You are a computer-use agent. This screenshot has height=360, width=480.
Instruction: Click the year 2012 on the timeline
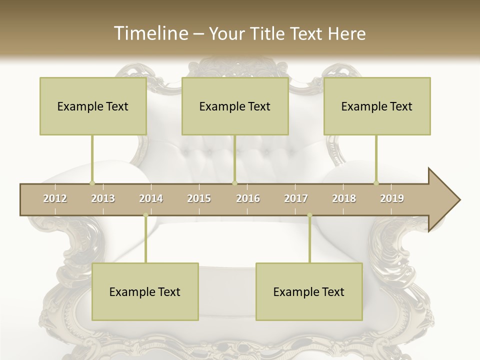(55, 198)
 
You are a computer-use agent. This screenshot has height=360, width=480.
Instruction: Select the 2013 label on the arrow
(103, 198)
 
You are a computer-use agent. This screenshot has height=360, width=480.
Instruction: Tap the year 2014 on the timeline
(151, 198)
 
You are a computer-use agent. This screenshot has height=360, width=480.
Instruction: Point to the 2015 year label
(199, 198)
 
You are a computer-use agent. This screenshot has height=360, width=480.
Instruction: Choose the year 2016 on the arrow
(248, 198)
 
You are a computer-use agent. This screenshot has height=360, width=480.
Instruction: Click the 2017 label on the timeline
(296, 198)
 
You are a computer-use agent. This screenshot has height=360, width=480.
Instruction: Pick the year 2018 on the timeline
(344, 198)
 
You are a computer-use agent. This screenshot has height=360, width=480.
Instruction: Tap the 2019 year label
(392, 198)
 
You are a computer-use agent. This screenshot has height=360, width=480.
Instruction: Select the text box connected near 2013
(93, 106)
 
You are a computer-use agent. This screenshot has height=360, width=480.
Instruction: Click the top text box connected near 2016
(235, 106)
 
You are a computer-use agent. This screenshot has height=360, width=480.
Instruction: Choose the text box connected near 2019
(377, 106)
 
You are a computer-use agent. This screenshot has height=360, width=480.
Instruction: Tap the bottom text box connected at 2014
(145, 291)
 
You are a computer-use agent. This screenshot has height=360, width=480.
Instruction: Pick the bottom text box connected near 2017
(309, 291)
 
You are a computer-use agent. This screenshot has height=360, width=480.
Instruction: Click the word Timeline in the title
(150, 33)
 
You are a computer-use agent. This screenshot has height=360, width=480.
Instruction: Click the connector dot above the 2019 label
(376, 183)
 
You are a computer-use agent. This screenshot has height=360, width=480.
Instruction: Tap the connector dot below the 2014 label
(145, 215)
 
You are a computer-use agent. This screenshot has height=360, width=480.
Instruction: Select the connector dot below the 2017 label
(309, 215)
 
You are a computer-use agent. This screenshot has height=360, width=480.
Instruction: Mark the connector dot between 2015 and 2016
(234, 183)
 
